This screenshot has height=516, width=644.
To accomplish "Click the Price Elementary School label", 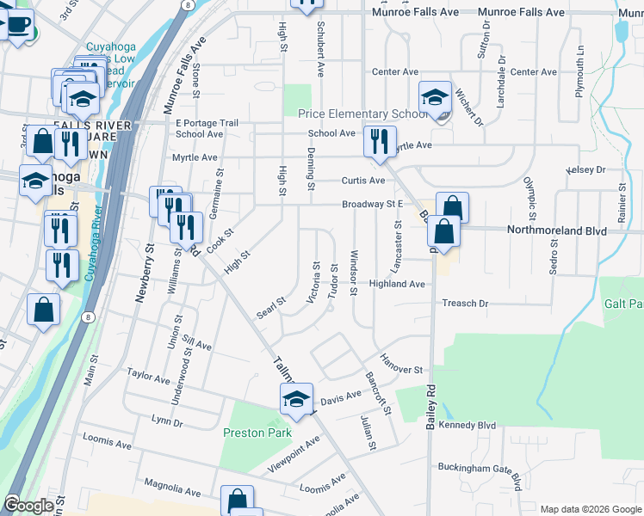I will click(x=362, y=114).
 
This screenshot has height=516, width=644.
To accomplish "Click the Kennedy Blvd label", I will click(x=468, y=425).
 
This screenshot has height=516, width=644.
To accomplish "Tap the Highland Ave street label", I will click(x=397, y=284).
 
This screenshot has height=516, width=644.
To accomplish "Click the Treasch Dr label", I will click(x=465, y=304).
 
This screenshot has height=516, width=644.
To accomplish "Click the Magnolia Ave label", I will click(x=172, y=488).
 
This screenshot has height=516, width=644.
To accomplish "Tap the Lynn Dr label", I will click(x=167, y=421).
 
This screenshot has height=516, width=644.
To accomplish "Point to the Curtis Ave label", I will click(x=362, y=181).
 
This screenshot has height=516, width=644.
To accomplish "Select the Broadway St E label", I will click(x=373, y=204).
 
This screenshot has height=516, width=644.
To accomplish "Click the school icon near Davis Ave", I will click(x=295, y=398).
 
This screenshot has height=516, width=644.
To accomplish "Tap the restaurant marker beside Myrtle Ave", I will click(x=378, y=141).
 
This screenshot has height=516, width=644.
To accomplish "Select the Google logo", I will click(x=29, y=506).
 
